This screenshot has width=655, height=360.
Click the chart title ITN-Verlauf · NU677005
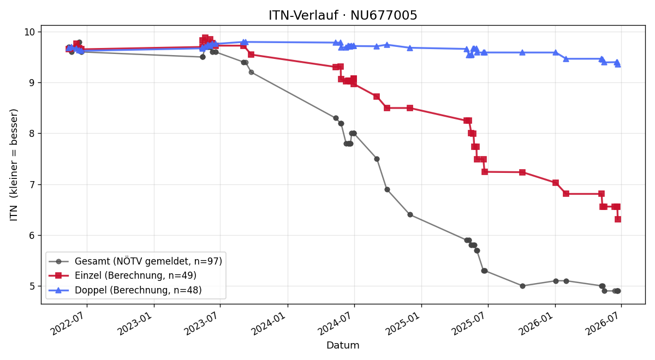coord(343,15)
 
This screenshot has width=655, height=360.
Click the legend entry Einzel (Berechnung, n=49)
coord(135,275)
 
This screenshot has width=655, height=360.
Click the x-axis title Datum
coord(343,345)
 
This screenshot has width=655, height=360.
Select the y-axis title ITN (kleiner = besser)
coord(14,165)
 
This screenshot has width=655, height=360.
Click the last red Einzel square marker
coord(618,219)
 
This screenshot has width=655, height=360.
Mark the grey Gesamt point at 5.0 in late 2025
coord(522,286)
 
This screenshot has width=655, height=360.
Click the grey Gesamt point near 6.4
coord(410,215)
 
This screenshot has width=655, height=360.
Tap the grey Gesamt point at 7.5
coord(377,159)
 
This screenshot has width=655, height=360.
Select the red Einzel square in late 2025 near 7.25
coord(522,172)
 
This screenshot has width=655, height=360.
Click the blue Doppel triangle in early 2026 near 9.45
coord(566,59)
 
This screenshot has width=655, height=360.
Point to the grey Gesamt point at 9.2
coord(251,72)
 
